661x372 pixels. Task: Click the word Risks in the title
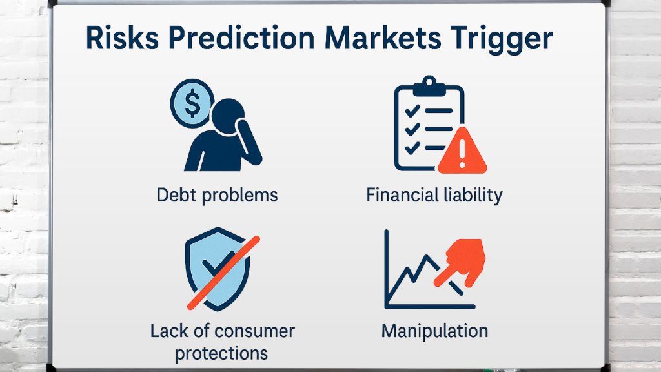[x=122, y=38]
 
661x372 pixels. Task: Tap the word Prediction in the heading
[x=241, y=38]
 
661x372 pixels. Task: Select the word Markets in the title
[x=383, y=38]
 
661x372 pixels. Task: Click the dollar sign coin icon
[x=192, y=103]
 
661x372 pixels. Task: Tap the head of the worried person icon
[x=228, y=116]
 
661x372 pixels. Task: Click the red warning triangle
[x=462, y=151]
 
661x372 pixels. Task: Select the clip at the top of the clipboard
[x=429, y=86]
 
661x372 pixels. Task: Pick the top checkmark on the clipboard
[x=412, y=111]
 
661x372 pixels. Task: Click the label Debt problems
[x=217, y=196]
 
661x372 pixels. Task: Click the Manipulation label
[x=434, y=331]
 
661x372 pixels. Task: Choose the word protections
[x=221, y=353]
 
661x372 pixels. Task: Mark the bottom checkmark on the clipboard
[x=412, y=148]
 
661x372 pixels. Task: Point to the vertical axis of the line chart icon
[x=387, y=268]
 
